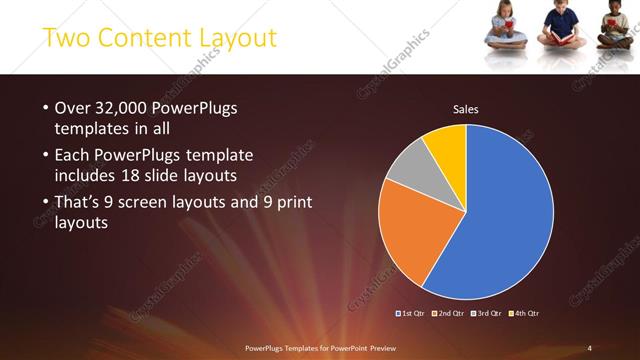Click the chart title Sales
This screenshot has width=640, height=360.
coord(466,108)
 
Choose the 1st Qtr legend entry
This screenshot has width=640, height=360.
coord(412,314)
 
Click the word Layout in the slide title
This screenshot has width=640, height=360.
coord(234,39)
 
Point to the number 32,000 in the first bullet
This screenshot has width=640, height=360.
coord(117,107)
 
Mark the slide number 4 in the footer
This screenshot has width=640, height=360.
coord(589,347)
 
